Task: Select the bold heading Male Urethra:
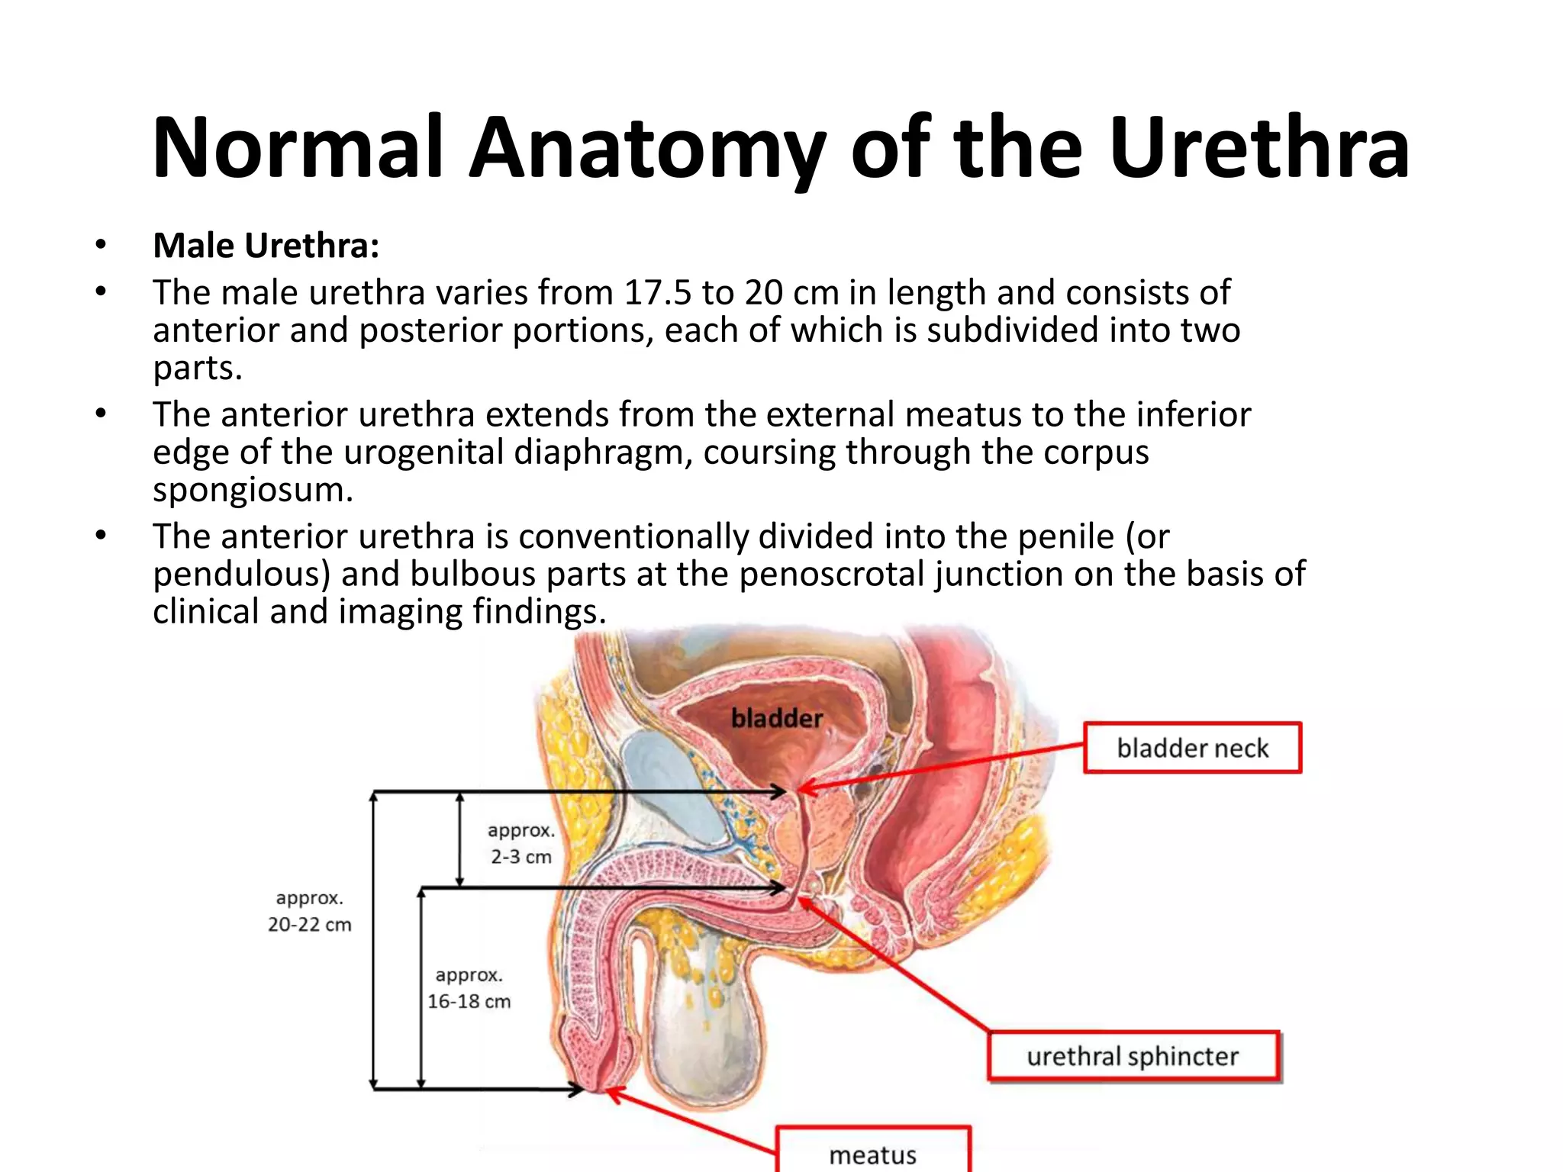266,246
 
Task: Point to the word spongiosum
253,490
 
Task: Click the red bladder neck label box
1192,748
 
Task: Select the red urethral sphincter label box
1133,1056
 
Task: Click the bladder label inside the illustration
777,718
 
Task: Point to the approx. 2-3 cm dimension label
521,843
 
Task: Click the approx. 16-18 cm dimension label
469,988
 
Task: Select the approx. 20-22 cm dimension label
309,911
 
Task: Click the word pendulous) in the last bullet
241,575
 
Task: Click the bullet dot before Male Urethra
101,246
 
